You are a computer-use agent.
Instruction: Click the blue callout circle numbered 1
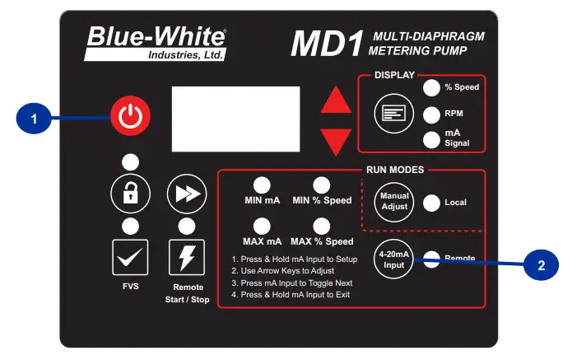pos(34,119)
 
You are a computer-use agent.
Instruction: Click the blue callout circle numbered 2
pos(541,265)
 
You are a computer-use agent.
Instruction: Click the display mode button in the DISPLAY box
pos(392,115)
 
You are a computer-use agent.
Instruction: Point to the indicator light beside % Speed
pos(432,87)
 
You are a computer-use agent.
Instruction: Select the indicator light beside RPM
pos(432,115)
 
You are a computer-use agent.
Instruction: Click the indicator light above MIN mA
pos(262,185)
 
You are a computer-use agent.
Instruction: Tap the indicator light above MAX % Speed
pos(321,226)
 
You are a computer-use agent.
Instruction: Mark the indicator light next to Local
pos(431,202)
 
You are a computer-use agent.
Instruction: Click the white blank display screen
pos(235,119)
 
